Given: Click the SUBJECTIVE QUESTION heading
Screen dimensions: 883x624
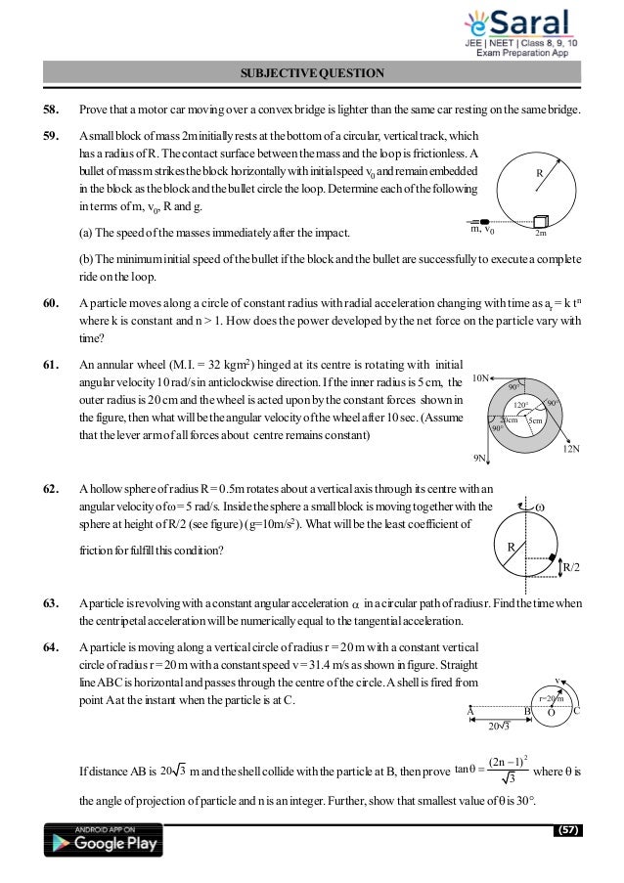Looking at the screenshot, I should (x=312, y=72).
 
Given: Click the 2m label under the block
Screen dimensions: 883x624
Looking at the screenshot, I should (x=541, y=234).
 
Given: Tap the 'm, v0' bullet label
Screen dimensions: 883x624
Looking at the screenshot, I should (x=482, y=232).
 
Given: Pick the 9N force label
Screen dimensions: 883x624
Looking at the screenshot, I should (x=480, y=456).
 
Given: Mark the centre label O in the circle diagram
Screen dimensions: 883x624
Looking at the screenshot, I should (x=550, y=713).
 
